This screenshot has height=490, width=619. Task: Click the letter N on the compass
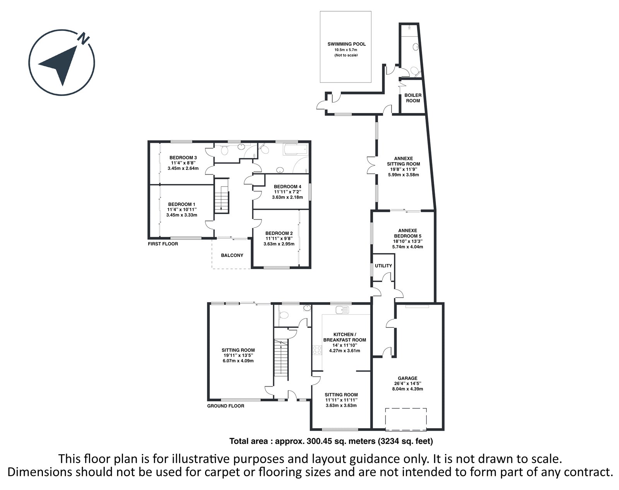84,38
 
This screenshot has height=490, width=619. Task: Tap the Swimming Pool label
347,44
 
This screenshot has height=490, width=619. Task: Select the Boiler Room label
413,98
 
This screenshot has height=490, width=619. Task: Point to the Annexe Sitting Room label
403,161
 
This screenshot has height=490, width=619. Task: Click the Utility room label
383,266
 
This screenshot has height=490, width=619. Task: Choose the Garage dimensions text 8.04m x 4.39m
408,389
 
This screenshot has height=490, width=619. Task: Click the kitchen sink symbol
342,310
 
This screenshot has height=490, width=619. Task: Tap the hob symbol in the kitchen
317,350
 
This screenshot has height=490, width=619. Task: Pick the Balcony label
232,255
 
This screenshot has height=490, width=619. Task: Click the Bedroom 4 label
287,187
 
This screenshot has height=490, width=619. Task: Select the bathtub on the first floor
296,150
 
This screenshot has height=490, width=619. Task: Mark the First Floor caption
163,244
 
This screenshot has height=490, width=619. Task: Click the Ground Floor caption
226,406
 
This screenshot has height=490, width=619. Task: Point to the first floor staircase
221,196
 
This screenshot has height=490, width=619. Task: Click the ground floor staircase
281,357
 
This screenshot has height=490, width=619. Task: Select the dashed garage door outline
406,419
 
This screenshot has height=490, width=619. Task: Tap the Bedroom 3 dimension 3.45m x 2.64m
183,168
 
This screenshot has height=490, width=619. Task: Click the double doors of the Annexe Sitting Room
372,165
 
